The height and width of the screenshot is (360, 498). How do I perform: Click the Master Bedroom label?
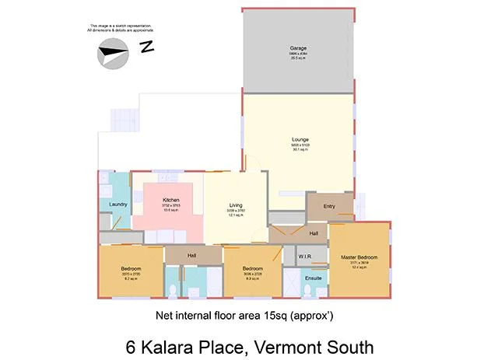tap(359, 257)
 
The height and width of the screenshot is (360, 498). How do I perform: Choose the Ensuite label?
tap(314, 277)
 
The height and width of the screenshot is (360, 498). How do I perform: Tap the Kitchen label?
tap(171, 201)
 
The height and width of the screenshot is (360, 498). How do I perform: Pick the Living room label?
tap(236, 204)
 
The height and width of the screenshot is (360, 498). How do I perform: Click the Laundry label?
tap(118, 204)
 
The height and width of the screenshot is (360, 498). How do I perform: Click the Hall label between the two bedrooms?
tap(192, 255)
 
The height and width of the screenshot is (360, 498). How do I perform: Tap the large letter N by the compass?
tap(146, 47)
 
